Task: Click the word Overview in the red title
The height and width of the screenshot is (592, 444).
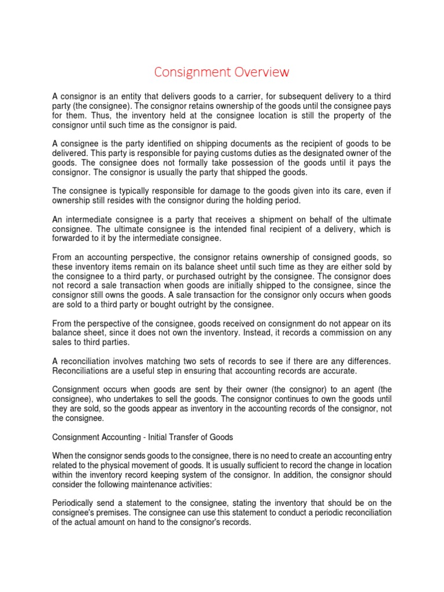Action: pyautogui.click(x=258, y=72)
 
